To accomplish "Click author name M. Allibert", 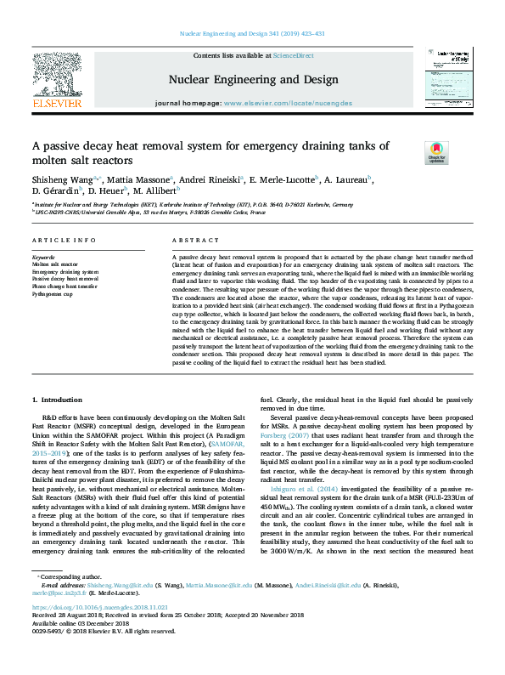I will pyautogui.click(x=151, y=193).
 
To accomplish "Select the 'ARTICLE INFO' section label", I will pyautogui.click(x=59, y=241).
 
